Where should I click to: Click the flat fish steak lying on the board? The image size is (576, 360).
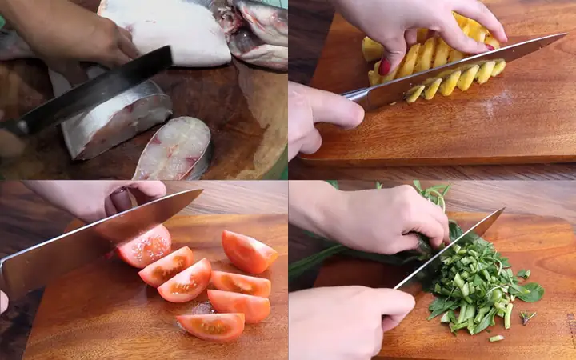click(174, 149)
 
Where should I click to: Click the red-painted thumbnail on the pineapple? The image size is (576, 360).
click(385, 66)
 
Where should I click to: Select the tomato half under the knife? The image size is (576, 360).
click(145, 246)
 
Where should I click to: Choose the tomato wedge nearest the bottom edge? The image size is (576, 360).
click(212, 325)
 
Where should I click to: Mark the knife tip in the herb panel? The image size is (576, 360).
click(499, 211)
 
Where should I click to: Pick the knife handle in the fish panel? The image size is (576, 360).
click(12, 128)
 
